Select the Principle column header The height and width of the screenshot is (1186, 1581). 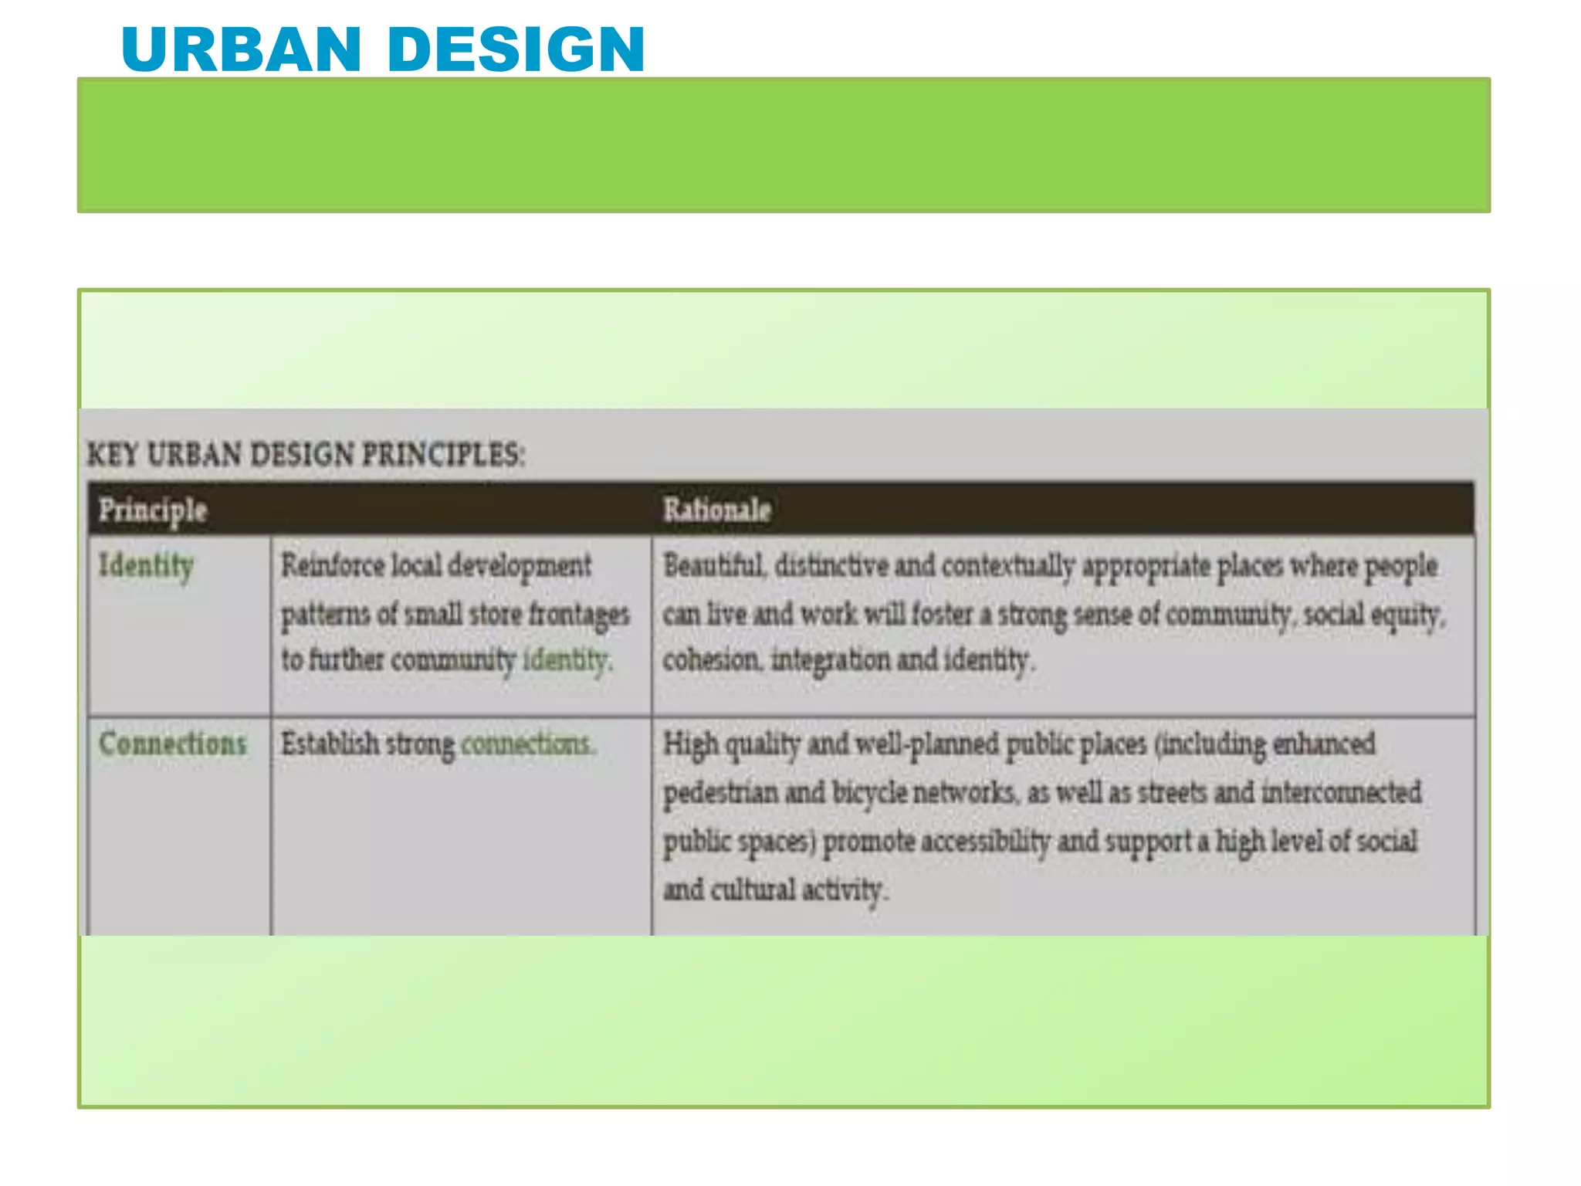tap(153, 510)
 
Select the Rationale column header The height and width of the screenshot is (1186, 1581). tap(716, 510)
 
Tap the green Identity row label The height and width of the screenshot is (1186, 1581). tap(145, 566)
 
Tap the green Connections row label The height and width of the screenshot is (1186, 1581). tap(173, 744)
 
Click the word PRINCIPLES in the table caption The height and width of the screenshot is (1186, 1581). tap(443, 454)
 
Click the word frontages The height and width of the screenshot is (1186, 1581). tap(579, 615)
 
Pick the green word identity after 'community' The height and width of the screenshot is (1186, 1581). tap(567, 660)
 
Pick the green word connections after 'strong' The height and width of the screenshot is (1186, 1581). tap(527, 744)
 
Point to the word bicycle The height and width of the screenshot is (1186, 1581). tap(869, 793)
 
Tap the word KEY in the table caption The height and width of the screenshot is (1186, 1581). tap(112, 454)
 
